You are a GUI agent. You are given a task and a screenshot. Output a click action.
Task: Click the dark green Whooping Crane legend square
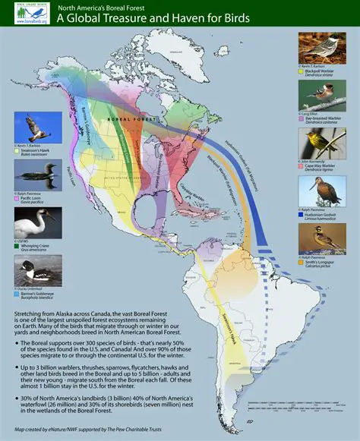17,246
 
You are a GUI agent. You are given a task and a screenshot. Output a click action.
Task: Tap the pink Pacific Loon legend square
17,200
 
